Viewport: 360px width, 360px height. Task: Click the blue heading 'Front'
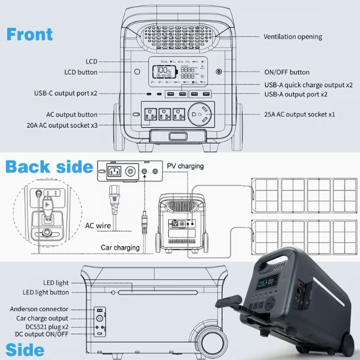[29, 34]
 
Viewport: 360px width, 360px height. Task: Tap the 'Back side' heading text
[49, 167]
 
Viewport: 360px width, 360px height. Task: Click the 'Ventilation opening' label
[292, 36]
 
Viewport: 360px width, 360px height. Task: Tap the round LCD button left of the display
[137, 72]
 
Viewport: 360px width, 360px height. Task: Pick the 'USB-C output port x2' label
[65, 93]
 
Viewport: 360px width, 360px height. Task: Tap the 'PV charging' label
[185, 166]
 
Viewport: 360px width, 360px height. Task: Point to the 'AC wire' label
[98, 225]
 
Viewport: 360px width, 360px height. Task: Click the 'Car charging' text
[120, 248]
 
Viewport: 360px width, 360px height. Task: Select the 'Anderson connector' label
[39, 309]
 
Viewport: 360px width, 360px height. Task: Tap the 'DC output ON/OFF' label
[41, 334]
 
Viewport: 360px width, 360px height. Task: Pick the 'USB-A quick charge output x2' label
[308, 85]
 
